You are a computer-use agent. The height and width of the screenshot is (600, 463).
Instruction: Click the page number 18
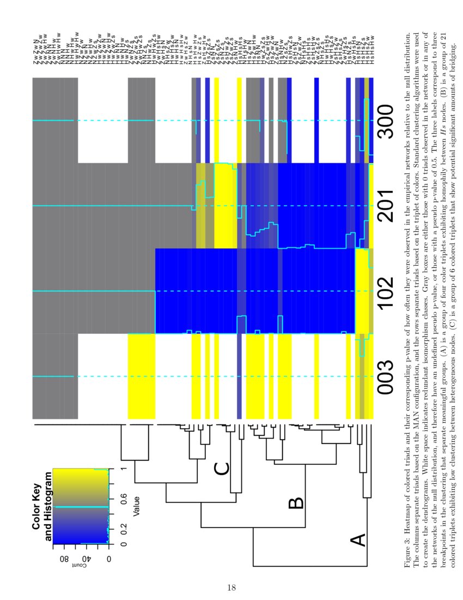(231, 587)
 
